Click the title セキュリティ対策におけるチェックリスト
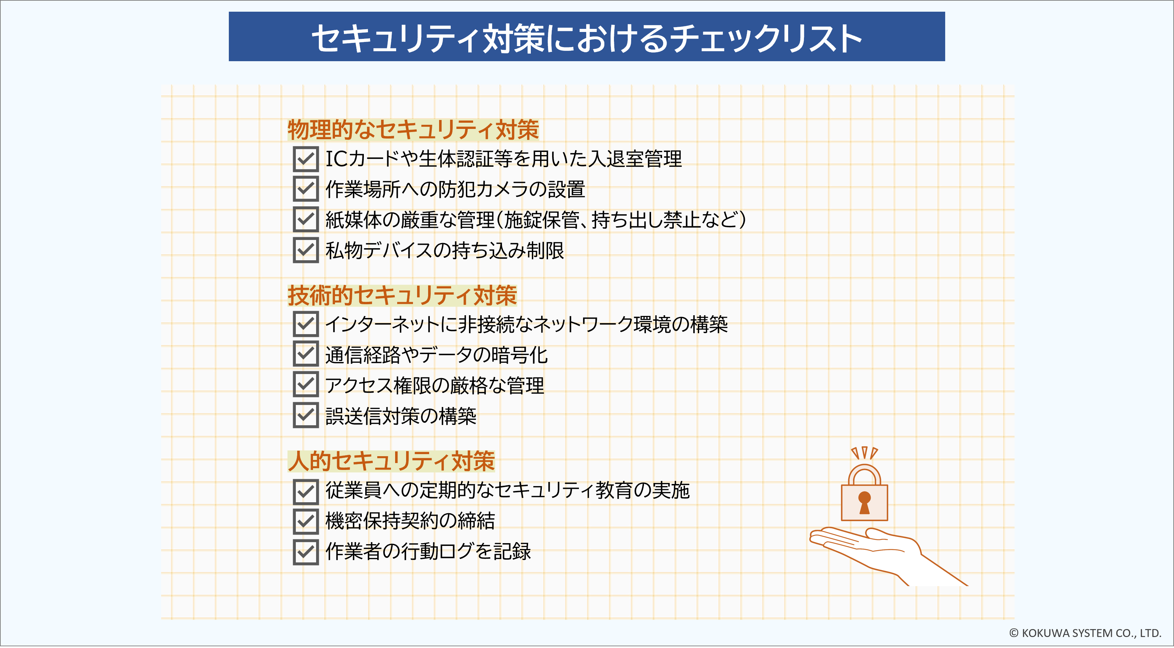click(586, 37)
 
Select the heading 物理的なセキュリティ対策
click(413, 130)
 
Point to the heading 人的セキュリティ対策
click(391, 461)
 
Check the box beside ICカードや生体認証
click(306, 159)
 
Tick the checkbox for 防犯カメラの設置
click(306, 189)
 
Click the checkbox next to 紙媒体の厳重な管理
click(306, 219)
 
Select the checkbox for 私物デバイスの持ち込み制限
click(306, 250)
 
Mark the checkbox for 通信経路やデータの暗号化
click(306, 354)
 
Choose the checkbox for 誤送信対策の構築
click(306, 415)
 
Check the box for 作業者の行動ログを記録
click(306, 552)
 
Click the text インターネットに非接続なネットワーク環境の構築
click(526, 324)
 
